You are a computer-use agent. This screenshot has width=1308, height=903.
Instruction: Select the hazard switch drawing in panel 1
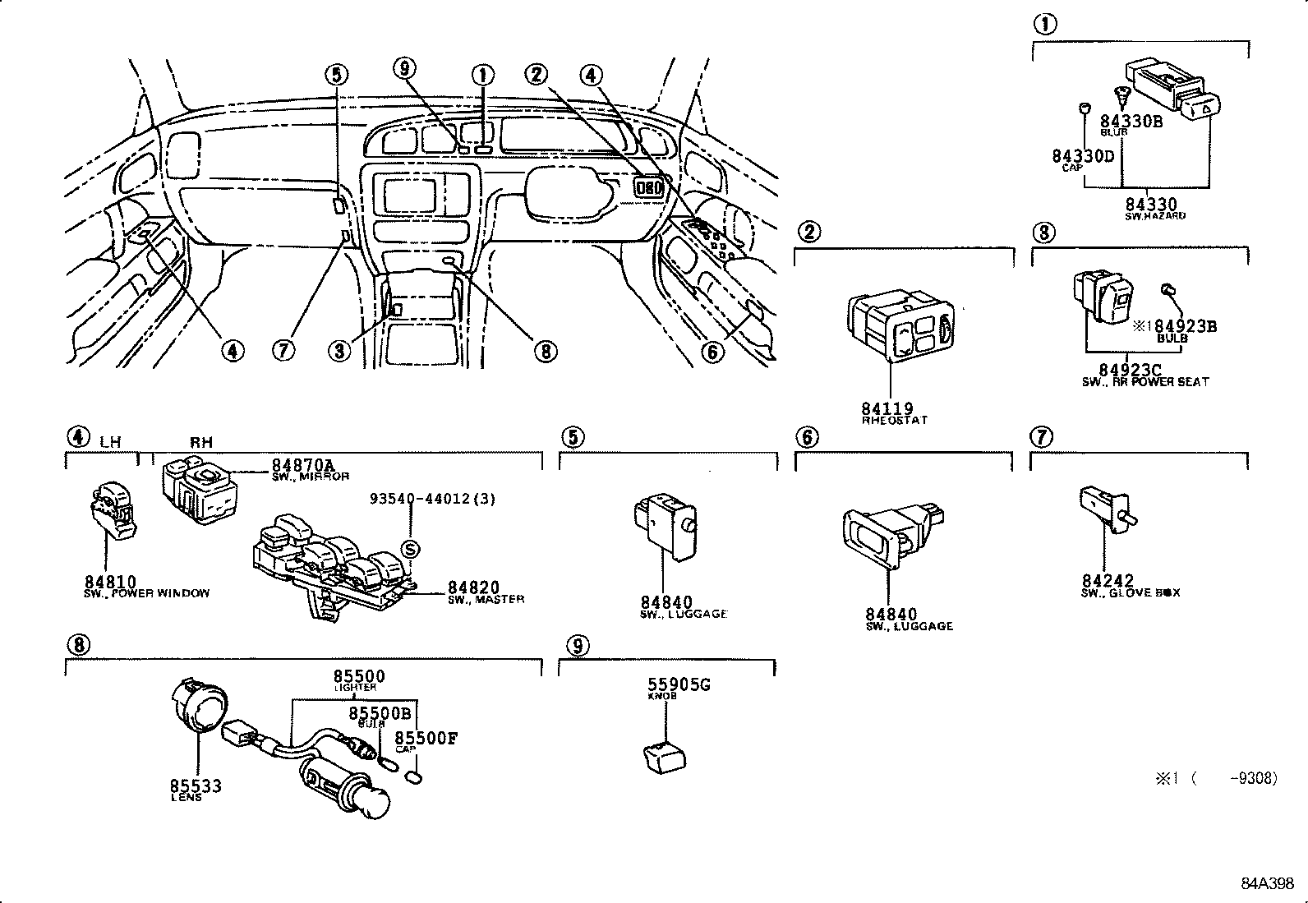tap(1175, 89)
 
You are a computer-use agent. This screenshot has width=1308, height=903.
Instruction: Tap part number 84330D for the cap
tap(1083, 156)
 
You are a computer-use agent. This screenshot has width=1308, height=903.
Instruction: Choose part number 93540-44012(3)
tap(432, 499)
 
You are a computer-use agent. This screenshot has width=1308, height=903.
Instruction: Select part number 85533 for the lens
tap(196, 786)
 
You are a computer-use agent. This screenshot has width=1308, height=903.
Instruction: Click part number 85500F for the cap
tap(426, 738)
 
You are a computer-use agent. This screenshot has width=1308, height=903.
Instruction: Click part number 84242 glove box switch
tap(1108, 581)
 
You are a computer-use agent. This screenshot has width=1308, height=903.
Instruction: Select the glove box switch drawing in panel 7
tap(1105, 503)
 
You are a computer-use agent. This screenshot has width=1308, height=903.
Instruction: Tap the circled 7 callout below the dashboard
tap(283, 351)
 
